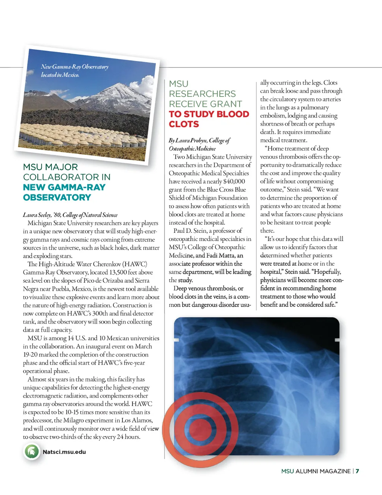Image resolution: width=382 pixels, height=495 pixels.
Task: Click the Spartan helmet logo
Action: pos(32,452)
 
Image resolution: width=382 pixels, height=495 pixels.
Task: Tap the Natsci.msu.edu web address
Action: pos(64,452)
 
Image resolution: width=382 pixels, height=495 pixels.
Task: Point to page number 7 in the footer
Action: pos(357,471)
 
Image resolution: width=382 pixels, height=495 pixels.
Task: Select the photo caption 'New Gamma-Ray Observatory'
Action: pos(75,67)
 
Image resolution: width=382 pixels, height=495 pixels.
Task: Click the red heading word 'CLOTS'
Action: pos(184,124)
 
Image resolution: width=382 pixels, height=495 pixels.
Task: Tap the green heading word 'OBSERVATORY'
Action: pos(57,197)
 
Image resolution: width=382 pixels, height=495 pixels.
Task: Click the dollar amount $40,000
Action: pos(234,181)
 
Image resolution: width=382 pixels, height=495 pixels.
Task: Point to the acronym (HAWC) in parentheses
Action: pos(135,264)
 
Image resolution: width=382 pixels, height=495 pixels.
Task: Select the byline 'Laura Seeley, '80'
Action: pos(41,215)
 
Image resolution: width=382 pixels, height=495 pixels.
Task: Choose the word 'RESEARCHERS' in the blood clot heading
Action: pos(202,94)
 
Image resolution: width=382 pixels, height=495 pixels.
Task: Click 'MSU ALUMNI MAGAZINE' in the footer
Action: pos(316,471)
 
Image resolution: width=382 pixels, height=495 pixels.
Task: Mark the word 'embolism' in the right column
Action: pos(273,116)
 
